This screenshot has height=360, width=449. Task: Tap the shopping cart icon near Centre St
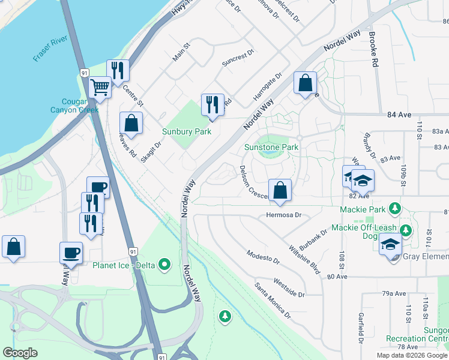pyautogui.click(x=100, y=87)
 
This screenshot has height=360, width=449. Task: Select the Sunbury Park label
pyautogui.click(x=187, y=131)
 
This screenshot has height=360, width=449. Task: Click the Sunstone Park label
pyautogui.click(x=271, y=147)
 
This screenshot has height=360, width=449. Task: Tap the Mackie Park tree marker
pyautogui.click(x=394, y=209)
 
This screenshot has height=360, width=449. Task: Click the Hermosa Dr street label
pyautogui.click(x=283, y=215)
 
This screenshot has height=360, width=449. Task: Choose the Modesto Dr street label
pyautogui.click(x=264, y=257)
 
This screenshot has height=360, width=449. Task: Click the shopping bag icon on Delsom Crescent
pyautogui.click(x=280, y=190)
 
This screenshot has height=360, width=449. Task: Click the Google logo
pyautogui.click(x=20, y=353)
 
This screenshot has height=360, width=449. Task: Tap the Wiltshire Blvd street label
pyautogui.click(x=304, y=259)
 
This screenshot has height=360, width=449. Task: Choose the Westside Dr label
pyautogui.click(x=289, y=288)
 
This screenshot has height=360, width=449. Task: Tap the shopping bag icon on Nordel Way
pyautogui.click(x=305, y=83)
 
